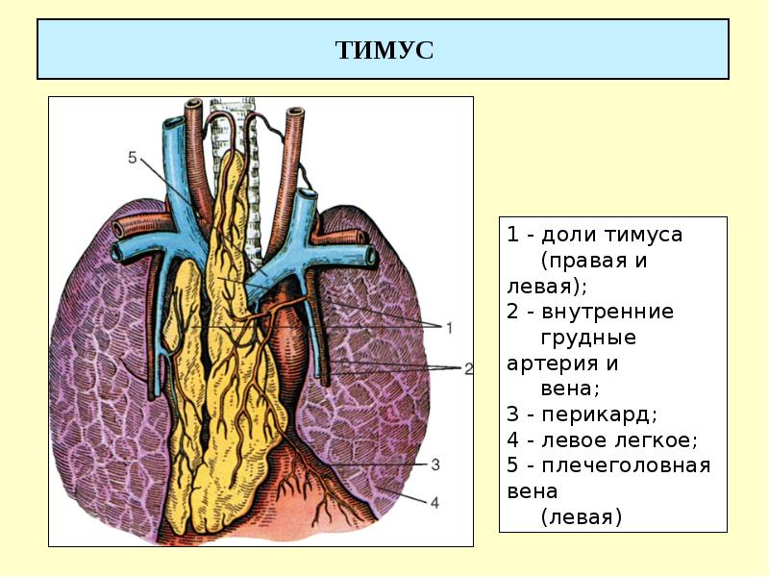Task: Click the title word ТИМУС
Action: (384, 50)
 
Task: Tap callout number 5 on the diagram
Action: (133, 157)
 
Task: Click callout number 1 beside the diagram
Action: (448, 328)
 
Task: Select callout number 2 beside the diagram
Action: (468, 368)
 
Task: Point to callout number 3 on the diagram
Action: (434, 465)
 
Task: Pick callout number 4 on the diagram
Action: (434, 501)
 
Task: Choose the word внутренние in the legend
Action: (608, 312)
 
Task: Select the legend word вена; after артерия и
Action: (569, 389)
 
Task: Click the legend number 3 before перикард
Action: (513, 414)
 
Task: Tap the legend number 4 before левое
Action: (513, 440)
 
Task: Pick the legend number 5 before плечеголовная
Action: (513, 466)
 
